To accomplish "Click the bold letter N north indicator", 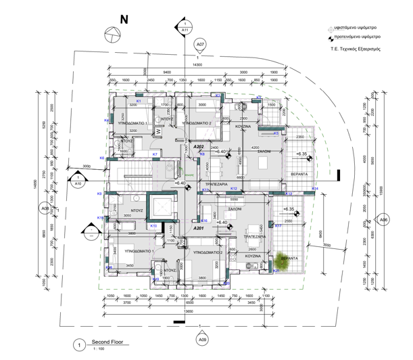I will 124,19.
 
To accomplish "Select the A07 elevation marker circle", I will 199,45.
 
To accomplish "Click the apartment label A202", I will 199,146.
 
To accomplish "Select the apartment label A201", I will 199,229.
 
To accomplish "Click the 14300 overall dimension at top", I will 197,65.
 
